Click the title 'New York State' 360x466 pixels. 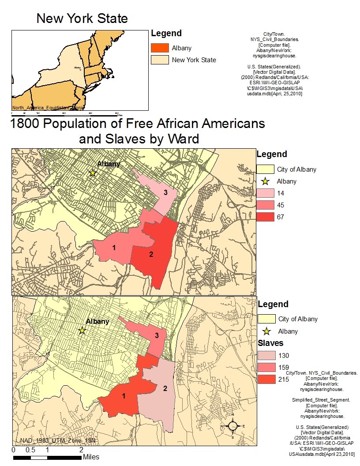[x=82, y=19]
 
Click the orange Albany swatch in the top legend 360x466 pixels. [x=159, y=48]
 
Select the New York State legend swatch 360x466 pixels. [x=159, y=60]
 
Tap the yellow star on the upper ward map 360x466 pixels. [x=93, y=173]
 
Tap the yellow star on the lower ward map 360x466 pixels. [x=82, y=330]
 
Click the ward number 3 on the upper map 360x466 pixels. [x=165, y=192]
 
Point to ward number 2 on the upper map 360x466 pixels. [x=151, y=254]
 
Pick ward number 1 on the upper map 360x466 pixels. [x=114, y=248]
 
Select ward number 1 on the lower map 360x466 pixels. [x=124, y=396]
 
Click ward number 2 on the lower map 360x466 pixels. [x=165, y=388]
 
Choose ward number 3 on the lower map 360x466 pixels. [x=157, y=335]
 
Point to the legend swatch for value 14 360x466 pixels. [x=265, y=193]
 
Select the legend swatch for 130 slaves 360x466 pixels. [x=266, y=355]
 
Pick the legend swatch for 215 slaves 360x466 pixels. [x=266, y=379]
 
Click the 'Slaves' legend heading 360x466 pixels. [x=270, y=343]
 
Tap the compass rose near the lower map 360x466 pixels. [x=233, y=426]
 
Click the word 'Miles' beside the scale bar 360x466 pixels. [x=91, y=457]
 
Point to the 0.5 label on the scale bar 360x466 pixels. [x=30, y=450]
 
